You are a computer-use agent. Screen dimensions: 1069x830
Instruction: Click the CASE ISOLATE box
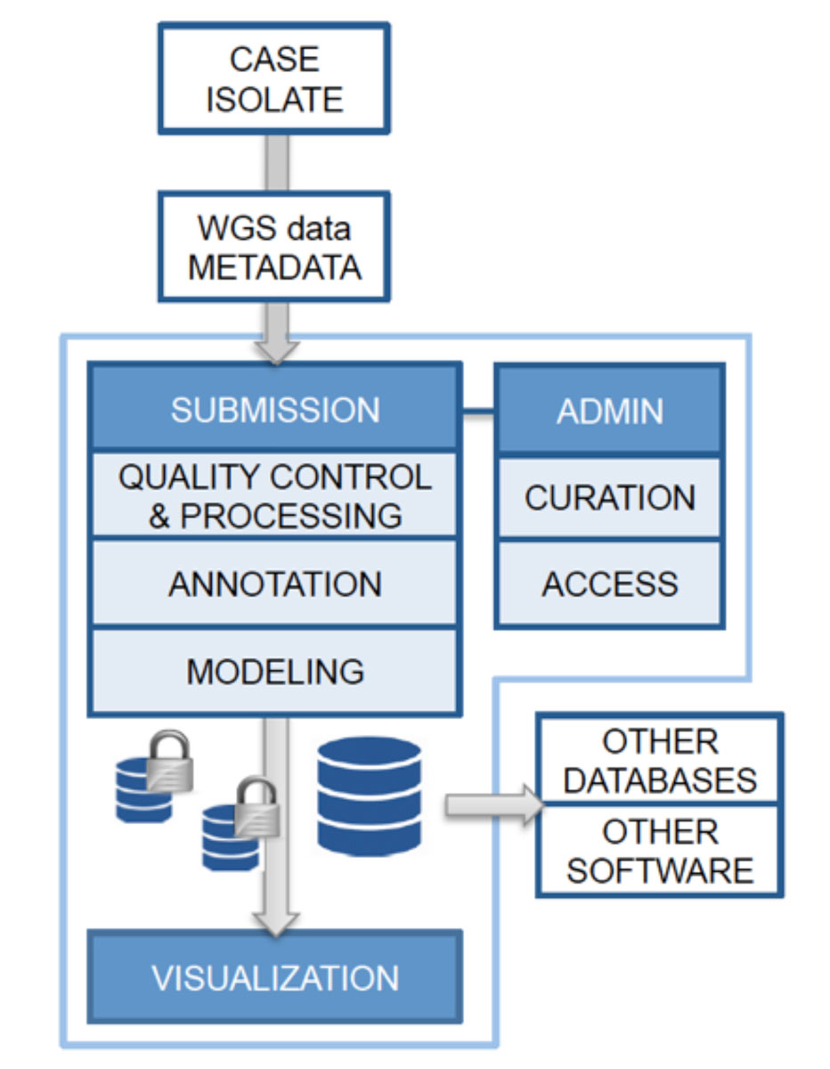pos(274,78)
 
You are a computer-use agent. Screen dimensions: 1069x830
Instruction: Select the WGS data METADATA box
pos(274,247)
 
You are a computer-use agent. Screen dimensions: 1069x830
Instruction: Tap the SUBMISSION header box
pos(274,410)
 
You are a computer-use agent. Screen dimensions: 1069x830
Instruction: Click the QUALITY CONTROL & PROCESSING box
pos(274,495)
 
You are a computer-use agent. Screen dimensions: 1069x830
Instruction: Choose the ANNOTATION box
pos(274,583)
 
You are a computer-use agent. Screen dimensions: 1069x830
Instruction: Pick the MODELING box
pos(274,671)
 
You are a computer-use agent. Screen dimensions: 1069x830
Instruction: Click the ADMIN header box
pos(610,410)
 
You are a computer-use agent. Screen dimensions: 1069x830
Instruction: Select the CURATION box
pos(610,497)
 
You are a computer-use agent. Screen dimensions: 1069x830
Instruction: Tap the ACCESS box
pos(610,583)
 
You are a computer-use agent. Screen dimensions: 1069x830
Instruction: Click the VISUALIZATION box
pos(274,976)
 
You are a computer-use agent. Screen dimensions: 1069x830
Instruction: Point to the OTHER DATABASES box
pos(660,760)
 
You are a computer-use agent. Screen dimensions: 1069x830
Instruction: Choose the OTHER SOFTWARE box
pos(660,850)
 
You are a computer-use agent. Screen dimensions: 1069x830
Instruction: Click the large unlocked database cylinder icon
pos(369,796)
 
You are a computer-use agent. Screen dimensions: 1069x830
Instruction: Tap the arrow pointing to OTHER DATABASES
pos(494,805)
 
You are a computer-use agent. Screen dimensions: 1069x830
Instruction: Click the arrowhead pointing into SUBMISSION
pos(275,349)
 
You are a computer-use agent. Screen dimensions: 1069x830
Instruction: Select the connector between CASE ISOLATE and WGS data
pos(275,163)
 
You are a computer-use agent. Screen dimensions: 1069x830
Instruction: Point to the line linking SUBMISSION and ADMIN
pos(477,412)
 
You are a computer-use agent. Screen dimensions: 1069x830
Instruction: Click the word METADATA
pos(274,267)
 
